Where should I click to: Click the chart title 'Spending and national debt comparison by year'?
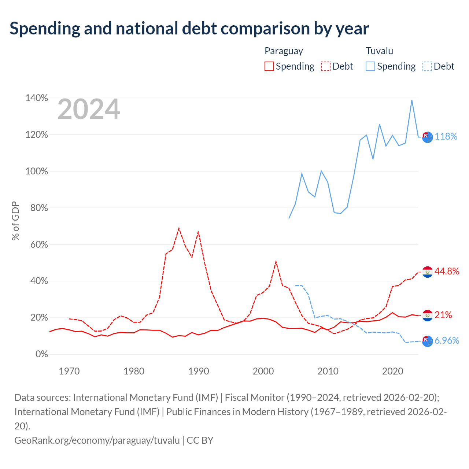point(189,29)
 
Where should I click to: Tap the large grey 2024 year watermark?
point(89,109)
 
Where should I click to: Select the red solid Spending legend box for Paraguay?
point(269,66)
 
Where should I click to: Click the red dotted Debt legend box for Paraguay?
point(325,66)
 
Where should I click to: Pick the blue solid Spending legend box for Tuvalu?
point(370,66)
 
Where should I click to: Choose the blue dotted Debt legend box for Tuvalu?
point(427,66)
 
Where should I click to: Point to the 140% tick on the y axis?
point(37,98)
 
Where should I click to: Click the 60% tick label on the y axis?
point(39,244)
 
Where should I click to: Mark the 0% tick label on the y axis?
point(42,354)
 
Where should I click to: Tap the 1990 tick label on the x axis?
point(199,371)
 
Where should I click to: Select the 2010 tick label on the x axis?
point(328,371)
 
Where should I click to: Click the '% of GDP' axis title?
point(15,221)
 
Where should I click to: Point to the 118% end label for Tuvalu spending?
point(446,136)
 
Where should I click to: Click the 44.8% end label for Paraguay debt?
point(447,271)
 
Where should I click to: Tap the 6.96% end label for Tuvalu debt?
point(447,340)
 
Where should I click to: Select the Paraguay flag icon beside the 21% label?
point(427,316)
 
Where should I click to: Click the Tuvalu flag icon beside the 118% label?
point(427,137)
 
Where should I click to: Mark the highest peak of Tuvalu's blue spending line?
point(412,100)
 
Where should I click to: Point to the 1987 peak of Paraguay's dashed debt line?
point(179,228)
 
